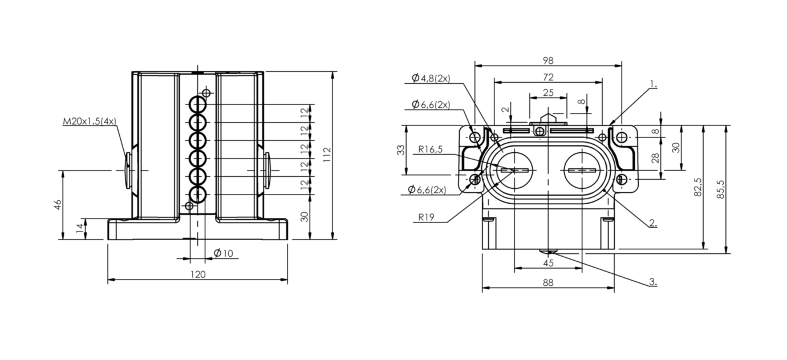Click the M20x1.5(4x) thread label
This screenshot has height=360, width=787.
pos(90,121)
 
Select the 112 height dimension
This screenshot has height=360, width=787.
pos(326,155)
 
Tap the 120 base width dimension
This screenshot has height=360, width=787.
pos(197,274)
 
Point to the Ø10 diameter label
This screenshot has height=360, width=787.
pos(223,253)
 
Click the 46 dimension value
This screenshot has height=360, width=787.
pos(57,205)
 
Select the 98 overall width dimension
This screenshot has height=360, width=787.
pos(548,60)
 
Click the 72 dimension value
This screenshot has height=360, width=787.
pos(548,76)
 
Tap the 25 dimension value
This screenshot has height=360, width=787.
pos(548,92)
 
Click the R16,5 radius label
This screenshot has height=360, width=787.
pos(431,149)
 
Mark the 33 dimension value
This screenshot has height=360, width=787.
pos(401,150)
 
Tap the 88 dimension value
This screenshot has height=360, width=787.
pos(548,282)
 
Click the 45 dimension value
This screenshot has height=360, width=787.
pos(548,263)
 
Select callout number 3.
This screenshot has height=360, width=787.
pos(652,282)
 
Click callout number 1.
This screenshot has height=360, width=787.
pos(652,84)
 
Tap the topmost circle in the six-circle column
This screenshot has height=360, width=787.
pos(198,104)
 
